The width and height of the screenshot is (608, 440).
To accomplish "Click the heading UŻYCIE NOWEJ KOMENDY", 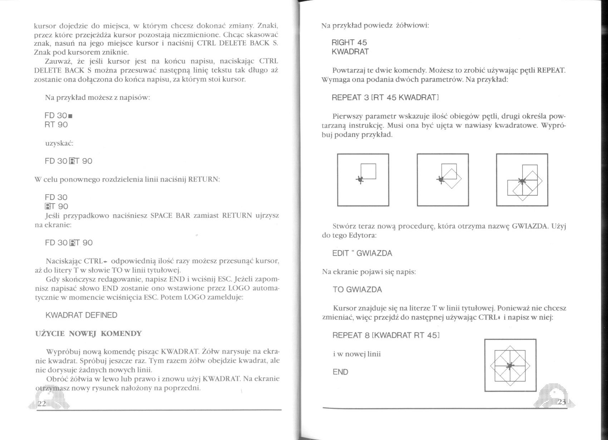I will click(88, 334).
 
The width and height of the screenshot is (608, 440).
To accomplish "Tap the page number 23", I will click(562, 402).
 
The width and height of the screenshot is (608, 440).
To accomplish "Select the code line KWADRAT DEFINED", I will click(81, 315).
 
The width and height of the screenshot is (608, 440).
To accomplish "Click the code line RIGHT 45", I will click(349, 43).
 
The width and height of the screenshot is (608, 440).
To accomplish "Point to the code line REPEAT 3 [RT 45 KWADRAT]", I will click(385, 97).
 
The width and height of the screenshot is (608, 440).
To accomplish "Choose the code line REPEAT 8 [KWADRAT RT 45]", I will click(386, 335).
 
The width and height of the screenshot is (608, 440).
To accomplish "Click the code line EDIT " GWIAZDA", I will click(362, 253).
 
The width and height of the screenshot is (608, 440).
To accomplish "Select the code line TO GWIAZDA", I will click(357, 289).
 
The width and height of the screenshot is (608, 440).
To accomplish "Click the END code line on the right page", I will click(340, 372).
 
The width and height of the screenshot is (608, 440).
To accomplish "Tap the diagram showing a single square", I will click(363, 180).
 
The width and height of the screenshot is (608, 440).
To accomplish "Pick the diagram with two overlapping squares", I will click(443, 180).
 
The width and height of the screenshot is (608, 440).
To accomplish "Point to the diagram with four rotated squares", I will click(522, 180).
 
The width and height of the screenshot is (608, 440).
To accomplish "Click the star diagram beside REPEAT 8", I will click(510, 365).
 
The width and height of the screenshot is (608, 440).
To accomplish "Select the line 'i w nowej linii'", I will click(357, 354).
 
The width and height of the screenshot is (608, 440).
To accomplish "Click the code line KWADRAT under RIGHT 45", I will click(350, 52).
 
